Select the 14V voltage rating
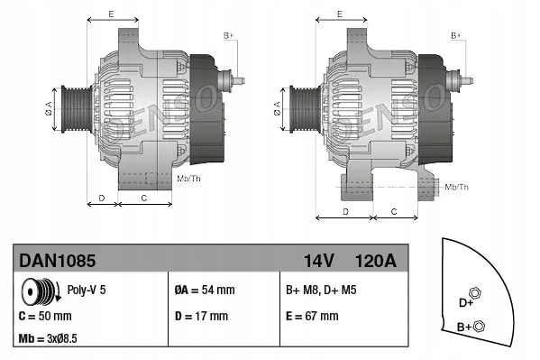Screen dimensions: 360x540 pyautogui.click(x=318, y=260)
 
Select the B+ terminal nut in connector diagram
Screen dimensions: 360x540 pyautogui.click(x=479, y=327)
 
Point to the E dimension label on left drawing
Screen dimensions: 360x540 pyautogui.click(x=110, y=14)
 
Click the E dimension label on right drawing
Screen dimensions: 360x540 pyautogui.click(x=339, y=14)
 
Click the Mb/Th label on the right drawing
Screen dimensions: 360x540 pyautogui.click(x=457, y=187)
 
